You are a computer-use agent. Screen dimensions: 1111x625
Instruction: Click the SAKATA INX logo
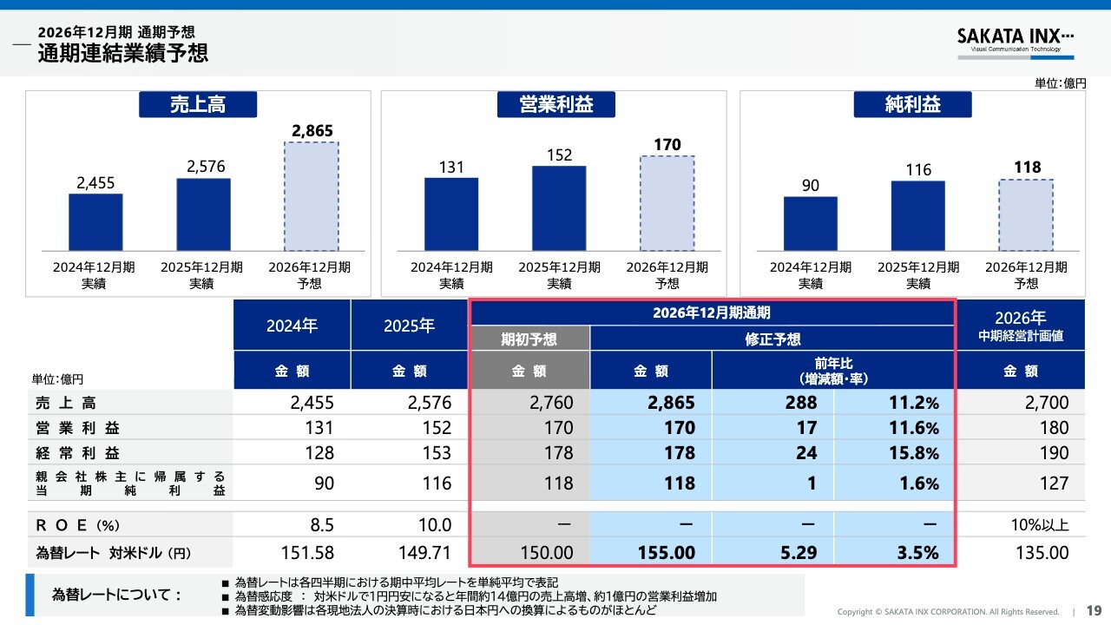click(x=1016, y=43)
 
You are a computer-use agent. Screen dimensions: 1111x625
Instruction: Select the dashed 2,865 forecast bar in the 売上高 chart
click(x=312, y=196)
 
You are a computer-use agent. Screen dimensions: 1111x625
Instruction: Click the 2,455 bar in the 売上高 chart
click(x=95, y=222)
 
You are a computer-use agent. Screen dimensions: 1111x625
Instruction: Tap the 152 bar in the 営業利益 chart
click(x=559, y=208)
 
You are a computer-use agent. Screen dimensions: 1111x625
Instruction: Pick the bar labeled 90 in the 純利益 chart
click(x=811, y=224)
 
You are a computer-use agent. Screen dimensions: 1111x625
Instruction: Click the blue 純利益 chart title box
click(x=912, y=104)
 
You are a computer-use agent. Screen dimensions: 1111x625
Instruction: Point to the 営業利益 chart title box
click(x=556, y=104)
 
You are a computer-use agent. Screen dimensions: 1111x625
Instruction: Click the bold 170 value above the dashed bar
click(x=667, y=144)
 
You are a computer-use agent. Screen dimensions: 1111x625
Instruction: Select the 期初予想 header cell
click(x=529, y=339)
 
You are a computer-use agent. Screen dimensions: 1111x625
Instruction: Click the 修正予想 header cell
click(x=772, y=339)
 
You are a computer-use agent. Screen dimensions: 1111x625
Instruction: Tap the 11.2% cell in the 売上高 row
click(x=894, y=402)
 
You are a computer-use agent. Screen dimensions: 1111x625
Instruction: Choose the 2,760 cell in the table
click(x=529, y=402)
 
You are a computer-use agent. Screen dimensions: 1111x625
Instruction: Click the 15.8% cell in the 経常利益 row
click(x=894, y=452)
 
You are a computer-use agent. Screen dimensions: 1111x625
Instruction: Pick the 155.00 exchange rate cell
click(x=651, y=552)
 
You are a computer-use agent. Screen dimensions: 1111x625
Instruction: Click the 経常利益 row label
click(x=78, y=453)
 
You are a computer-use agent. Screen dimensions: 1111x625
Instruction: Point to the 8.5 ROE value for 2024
click(x=322, y=525)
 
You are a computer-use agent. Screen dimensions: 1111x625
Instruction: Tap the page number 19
click(x=1094, y=610)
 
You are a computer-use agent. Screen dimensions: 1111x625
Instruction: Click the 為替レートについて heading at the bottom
click(x=116, y=595)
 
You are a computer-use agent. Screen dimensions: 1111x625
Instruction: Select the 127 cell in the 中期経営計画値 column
click(x=1054, y=484)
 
